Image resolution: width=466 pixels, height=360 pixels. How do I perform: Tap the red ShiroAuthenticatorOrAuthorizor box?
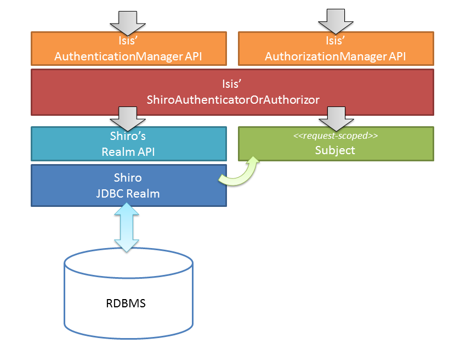tap(232, 92)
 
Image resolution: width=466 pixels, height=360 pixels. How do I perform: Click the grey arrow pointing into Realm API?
tap(128, 117)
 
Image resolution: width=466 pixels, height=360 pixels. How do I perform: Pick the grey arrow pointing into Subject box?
tap(336, 117)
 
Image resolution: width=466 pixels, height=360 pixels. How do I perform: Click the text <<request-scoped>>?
tap(335, 136)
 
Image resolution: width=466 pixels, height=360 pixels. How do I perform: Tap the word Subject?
tap(335, 150)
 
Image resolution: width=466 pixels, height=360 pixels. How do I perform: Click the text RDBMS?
tap(126, 303)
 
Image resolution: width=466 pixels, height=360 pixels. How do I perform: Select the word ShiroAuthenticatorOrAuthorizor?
tap(232, 99)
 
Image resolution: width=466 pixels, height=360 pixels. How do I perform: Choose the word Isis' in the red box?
tap(232, 85)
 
